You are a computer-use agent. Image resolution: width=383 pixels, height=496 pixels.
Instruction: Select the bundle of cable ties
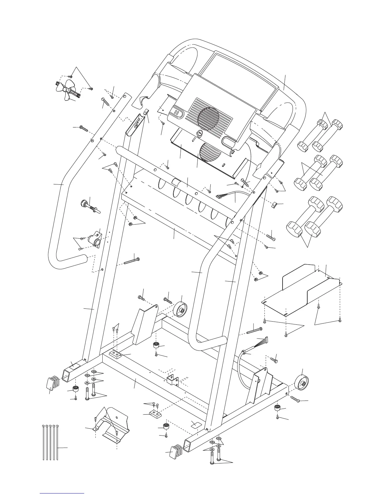click(50, 443)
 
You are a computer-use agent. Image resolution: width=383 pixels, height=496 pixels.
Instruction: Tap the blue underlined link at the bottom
click(62, 493)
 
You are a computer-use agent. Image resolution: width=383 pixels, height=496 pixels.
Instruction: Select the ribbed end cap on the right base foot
click(175, 451)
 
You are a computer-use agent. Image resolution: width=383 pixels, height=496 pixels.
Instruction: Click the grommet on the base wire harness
click(242, 354)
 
